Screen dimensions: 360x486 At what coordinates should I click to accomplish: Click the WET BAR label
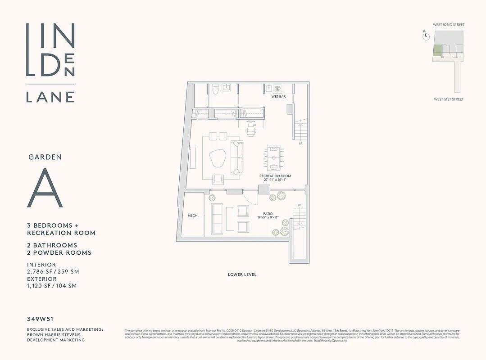(278, 97)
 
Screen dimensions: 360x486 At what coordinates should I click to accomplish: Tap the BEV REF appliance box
(277, 89)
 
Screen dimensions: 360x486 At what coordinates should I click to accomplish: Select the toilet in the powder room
(215, 90)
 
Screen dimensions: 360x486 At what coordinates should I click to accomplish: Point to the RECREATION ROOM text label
(275, 176)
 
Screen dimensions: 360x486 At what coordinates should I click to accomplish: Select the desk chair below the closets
(251, 131)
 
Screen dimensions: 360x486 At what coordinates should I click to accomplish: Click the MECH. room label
(193, 216)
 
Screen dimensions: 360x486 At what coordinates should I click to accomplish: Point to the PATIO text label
(268, 214)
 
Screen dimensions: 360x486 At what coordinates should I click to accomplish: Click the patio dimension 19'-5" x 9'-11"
(268, 218)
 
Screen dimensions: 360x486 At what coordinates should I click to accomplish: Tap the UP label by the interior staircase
(300, 144)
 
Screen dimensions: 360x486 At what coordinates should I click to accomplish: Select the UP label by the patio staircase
(299, 206)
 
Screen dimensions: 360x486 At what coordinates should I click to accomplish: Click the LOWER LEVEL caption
(242, 274)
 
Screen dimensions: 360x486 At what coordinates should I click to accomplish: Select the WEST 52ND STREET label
(449, 25)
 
